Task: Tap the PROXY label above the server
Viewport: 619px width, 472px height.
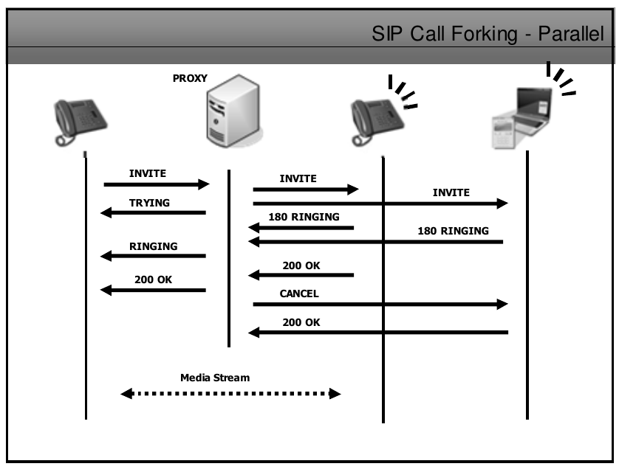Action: [x=191, y=78]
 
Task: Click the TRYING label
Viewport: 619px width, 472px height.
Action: [x=149, y=203]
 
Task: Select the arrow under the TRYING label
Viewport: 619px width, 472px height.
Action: [x=153, y=213]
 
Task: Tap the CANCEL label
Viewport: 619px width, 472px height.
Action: [x=298, y=294]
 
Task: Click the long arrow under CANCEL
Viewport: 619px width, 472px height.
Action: [x=380, y=304]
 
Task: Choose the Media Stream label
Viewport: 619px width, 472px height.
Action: [x=215, y=378]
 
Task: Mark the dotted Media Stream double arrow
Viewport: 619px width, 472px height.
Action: [x=230, y=394]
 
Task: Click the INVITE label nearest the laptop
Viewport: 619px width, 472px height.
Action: [x=451, y=192]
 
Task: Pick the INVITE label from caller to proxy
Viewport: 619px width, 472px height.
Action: [x=148, y=174]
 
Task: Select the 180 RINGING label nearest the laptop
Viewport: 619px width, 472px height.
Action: [x=453, y=231]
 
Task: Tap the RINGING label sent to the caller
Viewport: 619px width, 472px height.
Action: [x=153, y=246]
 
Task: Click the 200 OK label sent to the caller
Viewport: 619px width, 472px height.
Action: [x=153, y=280]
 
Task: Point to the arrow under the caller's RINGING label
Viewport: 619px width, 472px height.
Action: [x=153, y=256]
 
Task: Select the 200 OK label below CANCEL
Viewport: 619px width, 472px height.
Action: [x=301, y=322]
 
